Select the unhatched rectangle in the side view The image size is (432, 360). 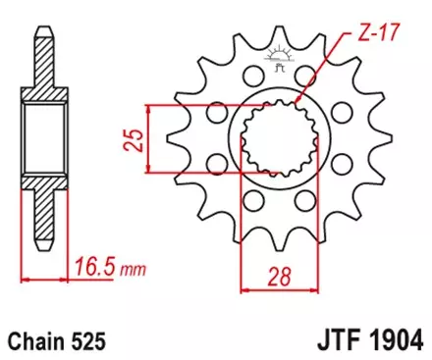[42, 134]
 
